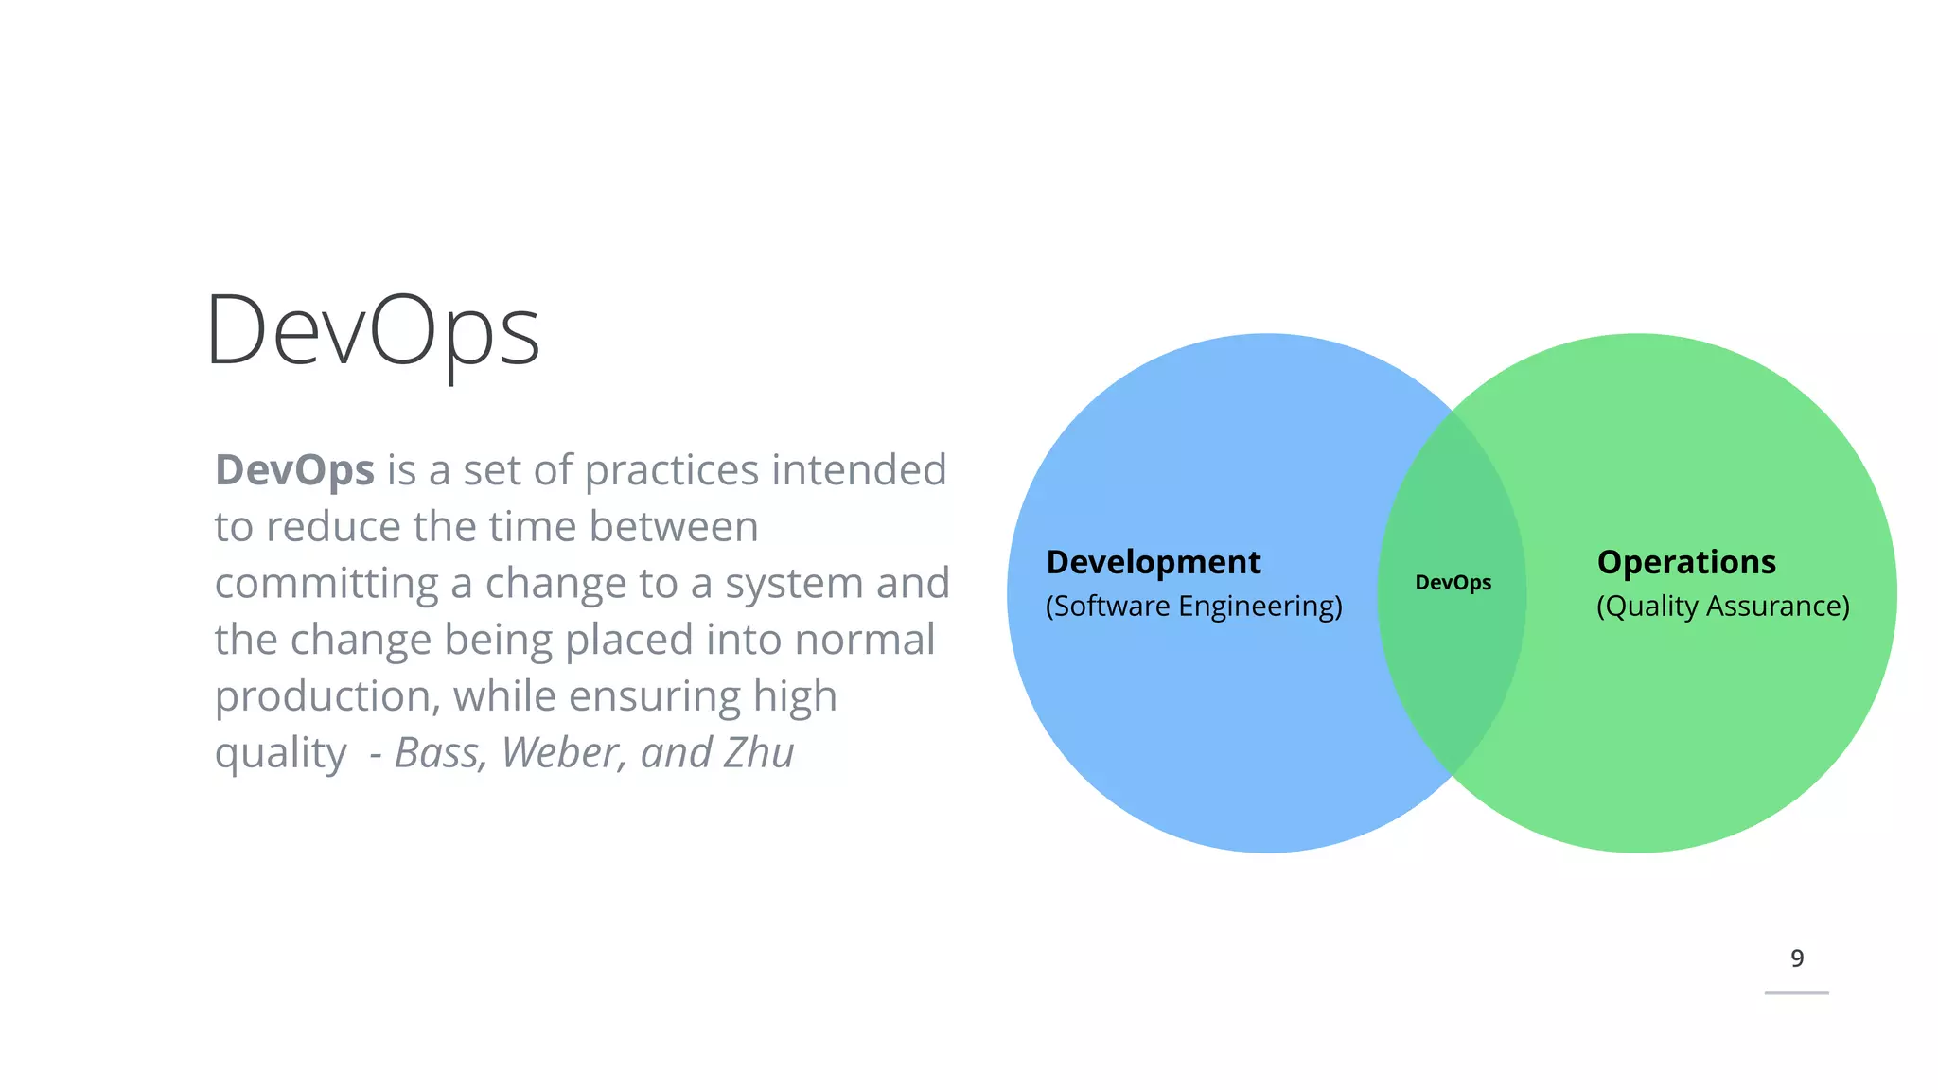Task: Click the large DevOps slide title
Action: pyautogui.click(x=373, y=331)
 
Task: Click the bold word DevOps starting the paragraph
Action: pyautogui.click(x=294, y=470)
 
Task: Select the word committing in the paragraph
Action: pyautogui.click(x=326, y=584)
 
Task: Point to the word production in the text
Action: pyautogui.click(x=323, y=697)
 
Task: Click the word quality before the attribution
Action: pyautogui.click(x=280, y=754)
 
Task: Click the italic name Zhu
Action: pyautogui.click(x=758, y=753)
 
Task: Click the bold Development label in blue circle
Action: pyautogui.click(x=1153, y=562)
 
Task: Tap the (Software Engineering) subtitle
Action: pyautogui.click(x=1193, y=606)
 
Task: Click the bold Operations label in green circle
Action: pyautogui.click(x=1685, y=562)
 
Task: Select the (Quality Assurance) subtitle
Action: pyautogui.click(x=1722, y=606)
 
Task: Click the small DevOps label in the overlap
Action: pyautogui.click(x=1453, y=583)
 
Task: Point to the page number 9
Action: pyautogui.click(x=1796, y=958)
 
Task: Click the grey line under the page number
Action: pyautogui.click(x=1796, y=993)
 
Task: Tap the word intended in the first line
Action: pyautogui.click(x=859, y=470)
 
